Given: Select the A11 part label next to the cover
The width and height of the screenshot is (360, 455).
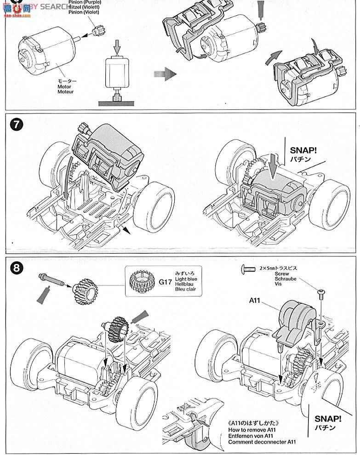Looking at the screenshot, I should click(255, 301).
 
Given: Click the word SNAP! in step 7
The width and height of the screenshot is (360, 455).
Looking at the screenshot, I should click(303, 150).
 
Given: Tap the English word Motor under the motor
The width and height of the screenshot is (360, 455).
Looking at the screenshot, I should click(65, 86).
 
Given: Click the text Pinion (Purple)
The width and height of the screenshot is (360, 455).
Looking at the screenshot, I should click(86, 2).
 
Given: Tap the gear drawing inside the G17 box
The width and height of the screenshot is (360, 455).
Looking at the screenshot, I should click(141, 282).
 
